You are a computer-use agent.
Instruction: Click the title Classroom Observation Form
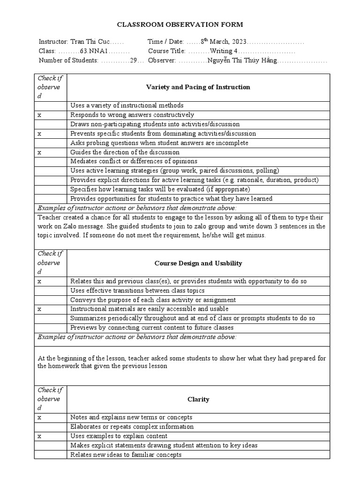click(x=180, y=25)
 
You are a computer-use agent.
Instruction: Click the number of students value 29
click(x=133, y=60)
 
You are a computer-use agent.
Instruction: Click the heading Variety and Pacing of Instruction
click(x=198, y=87)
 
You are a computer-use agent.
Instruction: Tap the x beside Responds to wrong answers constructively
click(x=40, y=115)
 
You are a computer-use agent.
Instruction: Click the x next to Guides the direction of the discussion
click(x=40, y=152)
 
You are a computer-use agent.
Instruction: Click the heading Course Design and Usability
click(x=198, y=263)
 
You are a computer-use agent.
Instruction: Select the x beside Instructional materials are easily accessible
click(x=40, y=309)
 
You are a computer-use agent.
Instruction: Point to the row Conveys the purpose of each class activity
click(x=152, y=300)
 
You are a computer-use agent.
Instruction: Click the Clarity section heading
click(x=198, y=399)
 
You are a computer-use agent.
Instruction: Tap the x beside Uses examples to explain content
click(x=40, y=436)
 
